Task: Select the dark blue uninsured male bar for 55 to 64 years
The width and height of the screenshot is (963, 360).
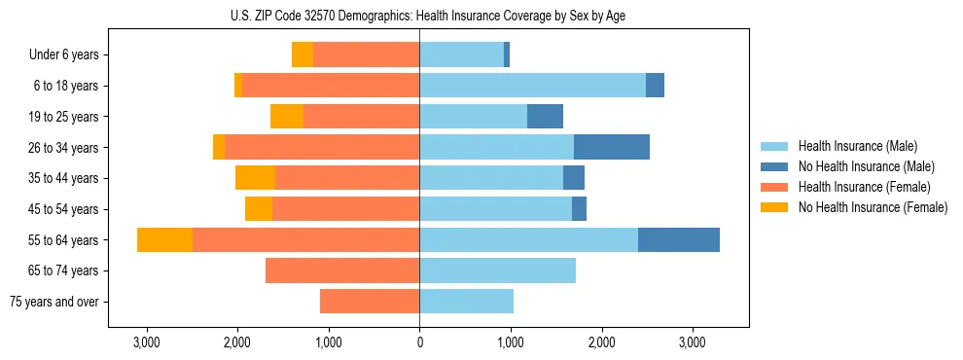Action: [x=678, y=239]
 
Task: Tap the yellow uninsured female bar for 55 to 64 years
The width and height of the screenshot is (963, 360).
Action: [x=164, y=239]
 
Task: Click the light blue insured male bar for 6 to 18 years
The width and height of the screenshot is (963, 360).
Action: [x=532, y=86]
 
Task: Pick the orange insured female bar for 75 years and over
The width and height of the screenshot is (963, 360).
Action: [x=370, y=302]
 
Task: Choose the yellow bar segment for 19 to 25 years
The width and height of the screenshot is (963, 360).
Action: [x=287, y=117]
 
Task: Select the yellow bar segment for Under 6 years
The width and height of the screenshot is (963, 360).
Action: [x=303, y=54]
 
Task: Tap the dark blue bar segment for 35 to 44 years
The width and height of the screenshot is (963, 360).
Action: [x=574, y=178]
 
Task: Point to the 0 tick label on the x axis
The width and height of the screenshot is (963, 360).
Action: [x=419, y=342]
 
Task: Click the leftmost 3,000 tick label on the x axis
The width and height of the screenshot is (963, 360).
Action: [x=146, y=342]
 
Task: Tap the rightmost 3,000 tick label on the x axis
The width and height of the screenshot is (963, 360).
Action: [x=692, y=342]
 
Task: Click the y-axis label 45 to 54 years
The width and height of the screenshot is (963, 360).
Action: [x=66, y=209]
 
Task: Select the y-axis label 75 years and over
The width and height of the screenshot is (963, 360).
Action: [x=54, y=302]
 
